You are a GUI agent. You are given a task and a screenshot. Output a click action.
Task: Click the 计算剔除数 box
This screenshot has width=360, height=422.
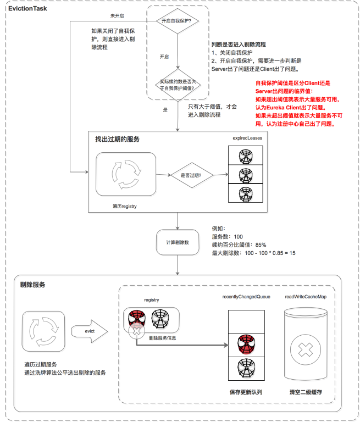click(x=177, y=242)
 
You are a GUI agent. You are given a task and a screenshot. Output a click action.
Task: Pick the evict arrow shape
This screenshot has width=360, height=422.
click(x=90, y=331)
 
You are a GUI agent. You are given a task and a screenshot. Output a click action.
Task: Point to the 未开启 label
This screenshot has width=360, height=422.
click(x=117, y=16)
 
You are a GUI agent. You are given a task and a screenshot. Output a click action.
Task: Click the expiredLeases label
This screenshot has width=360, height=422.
click(x=246, y=139)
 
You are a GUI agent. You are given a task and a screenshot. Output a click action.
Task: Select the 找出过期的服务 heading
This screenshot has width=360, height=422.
click(x=117, y=140)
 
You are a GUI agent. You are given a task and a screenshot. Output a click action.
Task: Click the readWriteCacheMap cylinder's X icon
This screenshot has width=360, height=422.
click(x=307, y=349)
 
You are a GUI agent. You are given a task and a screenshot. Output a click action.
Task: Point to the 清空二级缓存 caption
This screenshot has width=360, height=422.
click(x=306, y=394)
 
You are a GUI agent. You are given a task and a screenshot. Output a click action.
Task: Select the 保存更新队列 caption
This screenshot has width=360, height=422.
click(x=246, y=394)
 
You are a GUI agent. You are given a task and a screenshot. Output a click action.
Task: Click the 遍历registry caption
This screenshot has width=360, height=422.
click(x=124, y=206)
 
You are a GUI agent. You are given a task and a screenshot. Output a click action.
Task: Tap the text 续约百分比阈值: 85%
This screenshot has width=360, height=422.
click(x=239, y=245)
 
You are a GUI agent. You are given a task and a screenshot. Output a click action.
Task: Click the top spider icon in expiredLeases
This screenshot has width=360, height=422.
click(x=246, y=156)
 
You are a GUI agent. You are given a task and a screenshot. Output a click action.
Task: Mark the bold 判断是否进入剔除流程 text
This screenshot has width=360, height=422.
click(x=239, y=44)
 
